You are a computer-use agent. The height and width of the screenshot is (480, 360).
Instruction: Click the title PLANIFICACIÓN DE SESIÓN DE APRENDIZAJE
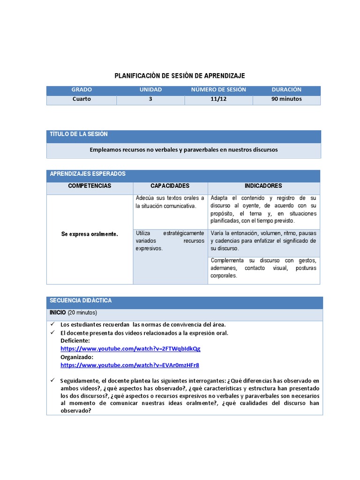(x=180, y=75)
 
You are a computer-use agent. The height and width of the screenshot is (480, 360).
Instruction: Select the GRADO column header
(x=82, y=90)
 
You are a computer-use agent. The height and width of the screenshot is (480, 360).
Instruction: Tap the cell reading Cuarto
(x=82, y=99)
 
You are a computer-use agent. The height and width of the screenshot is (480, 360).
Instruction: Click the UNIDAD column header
(x=150, y=90)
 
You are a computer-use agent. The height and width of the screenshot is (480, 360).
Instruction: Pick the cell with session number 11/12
(x=218, y=99)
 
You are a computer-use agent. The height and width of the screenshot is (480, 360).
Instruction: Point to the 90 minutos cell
(x=286, y=99)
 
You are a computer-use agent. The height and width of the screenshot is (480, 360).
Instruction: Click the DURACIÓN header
(x=286, y=90)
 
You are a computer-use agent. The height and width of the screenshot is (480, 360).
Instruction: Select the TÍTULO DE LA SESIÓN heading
(x=79, y=134)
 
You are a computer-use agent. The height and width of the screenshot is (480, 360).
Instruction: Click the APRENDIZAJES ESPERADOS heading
(x=88, y=174)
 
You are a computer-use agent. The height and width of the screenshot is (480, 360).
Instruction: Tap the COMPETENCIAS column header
(x=90, y=186)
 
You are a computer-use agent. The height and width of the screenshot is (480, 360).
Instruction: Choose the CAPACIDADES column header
(x=170, y=186)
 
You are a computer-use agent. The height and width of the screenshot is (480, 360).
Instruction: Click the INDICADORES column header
(x=263, y=186)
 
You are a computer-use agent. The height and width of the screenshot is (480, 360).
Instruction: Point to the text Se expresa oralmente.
(x=90, y=233)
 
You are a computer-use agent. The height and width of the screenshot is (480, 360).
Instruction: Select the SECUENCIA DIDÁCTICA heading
(x=81, y=300)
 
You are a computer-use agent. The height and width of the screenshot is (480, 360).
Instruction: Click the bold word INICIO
(x=58, y=312)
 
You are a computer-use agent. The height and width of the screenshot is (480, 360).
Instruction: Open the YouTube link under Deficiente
(x=130, y=349)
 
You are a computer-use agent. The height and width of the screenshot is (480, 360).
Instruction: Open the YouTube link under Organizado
(x=130, y=365)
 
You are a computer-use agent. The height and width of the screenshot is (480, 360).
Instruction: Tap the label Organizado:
(x=77, y=357)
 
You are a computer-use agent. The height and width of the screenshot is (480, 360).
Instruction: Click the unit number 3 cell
(x=150, y=99)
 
